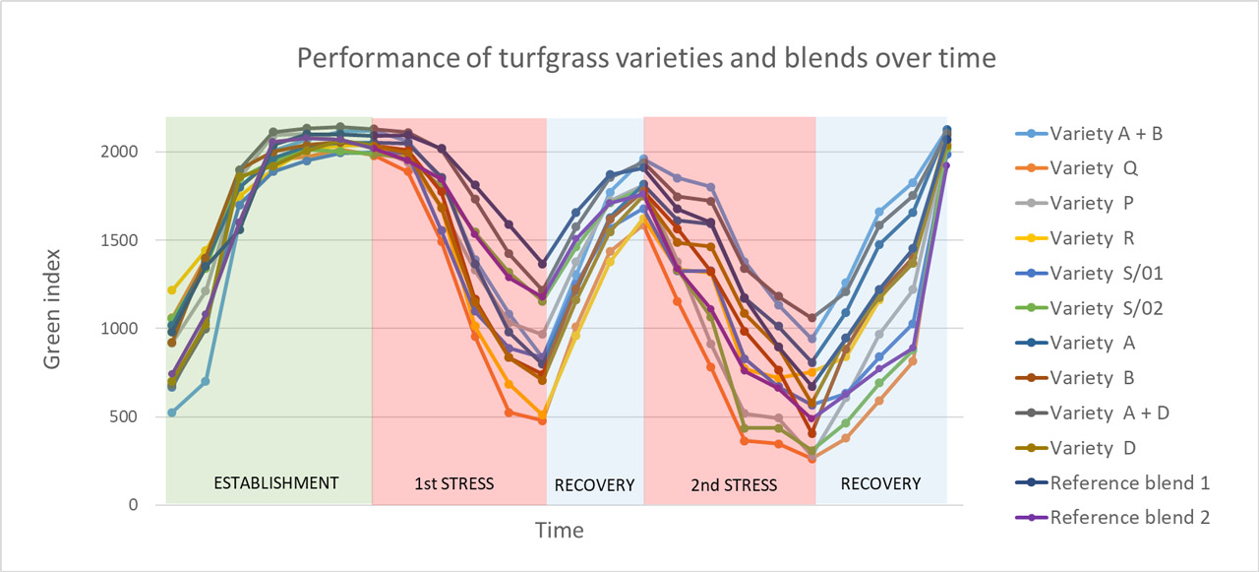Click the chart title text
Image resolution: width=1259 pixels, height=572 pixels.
[647, 58]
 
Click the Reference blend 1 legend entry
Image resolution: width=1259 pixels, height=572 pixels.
[1129, 482]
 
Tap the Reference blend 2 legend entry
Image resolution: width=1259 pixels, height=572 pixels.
[1129, 517]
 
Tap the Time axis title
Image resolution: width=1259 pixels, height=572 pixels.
[559, 531]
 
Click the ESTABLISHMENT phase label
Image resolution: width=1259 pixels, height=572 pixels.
[276, 483]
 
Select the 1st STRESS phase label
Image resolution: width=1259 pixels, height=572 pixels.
[453, 483]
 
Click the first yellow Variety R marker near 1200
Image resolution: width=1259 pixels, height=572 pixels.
[172, 290]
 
